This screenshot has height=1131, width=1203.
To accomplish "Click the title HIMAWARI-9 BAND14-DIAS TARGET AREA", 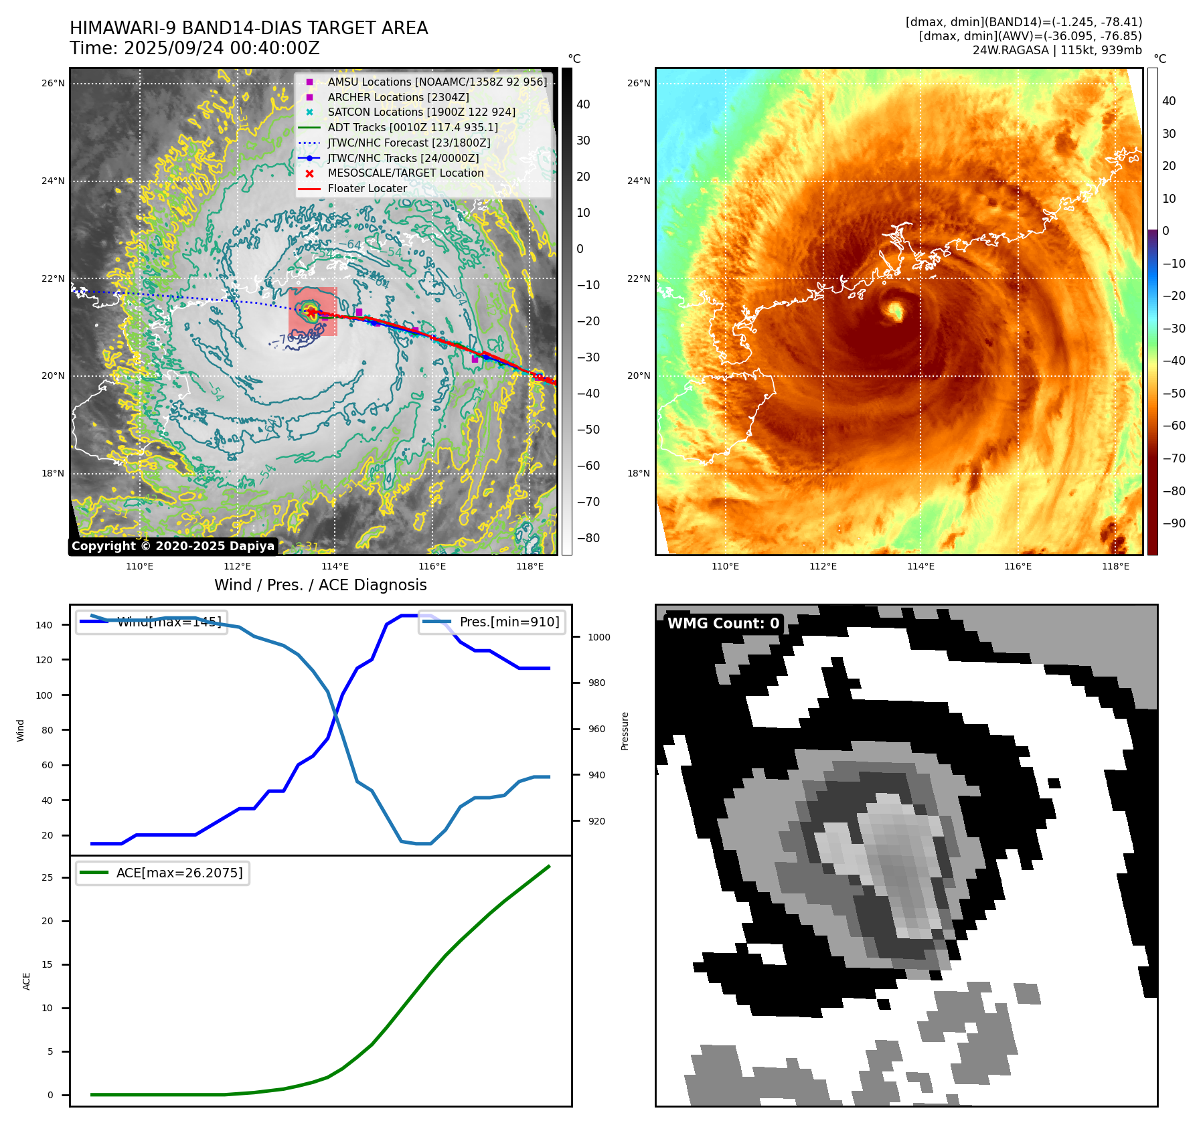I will [x=248, y=28].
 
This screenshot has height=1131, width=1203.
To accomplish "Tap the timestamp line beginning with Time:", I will [x=194, y=48].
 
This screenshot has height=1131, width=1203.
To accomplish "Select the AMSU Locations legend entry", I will [x=436, y=82].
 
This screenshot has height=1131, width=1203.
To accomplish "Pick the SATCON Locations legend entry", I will [x=421, y=112].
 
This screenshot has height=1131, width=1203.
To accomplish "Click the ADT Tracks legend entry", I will [x=412, y=127].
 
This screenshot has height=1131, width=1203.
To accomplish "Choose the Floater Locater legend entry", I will [x=367, y=188].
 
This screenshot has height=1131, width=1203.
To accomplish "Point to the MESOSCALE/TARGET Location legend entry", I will [x=405, y=173].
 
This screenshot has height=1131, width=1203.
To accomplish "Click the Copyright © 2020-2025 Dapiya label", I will [x=173, y=546].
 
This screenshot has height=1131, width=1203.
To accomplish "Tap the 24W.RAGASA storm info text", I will [x=1057, y=50].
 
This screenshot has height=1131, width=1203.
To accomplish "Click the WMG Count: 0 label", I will [x=723, y=624].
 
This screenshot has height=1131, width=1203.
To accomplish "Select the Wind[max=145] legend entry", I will [x=169, y=622].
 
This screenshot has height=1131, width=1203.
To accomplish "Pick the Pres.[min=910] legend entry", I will [x=509, y=622].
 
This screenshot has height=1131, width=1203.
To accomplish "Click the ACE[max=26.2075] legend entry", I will [x=179, y=873].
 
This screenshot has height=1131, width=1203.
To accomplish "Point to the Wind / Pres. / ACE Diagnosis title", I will [x=320, y=585].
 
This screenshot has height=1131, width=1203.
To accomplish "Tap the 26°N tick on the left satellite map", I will [x=53, y=84].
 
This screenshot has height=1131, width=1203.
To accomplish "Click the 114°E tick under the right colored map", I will [x=920, y=567].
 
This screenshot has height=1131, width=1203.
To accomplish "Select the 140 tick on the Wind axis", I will [x=44, y=625].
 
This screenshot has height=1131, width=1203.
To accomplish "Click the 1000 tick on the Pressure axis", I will [x=598, y=637].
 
